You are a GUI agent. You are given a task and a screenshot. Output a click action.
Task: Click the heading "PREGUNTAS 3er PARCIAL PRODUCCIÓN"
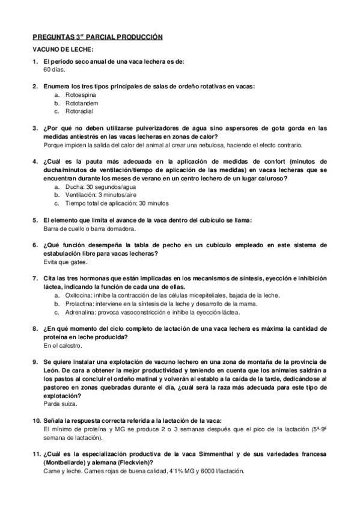click(97, 37)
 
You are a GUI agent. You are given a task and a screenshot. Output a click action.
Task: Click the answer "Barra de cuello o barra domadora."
click(90, 229)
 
